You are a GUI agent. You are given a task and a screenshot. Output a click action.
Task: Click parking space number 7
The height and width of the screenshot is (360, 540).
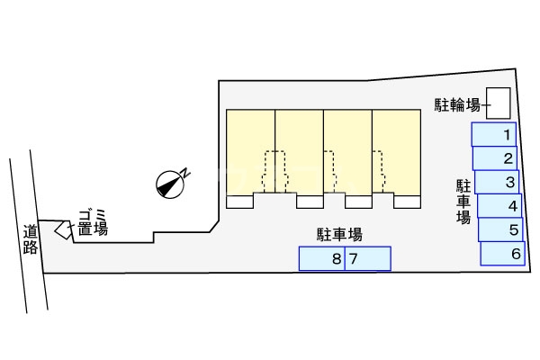point(368,259)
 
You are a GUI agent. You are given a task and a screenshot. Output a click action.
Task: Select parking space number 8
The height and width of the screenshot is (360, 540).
point(322,259)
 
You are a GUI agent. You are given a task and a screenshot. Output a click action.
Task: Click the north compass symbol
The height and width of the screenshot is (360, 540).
point(171,183)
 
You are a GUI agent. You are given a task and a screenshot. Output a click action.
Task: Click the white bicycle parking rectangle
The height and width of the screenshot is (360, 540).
point(498,102)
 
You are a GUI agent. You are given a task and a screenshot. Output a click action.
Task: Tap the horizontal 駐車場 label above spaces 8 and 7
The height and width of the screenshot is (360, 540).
point(339,235)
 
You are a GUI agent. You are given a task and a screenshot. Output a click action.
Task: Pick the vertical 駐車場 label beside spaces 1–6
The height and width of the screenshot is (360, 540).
point(463,202)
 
